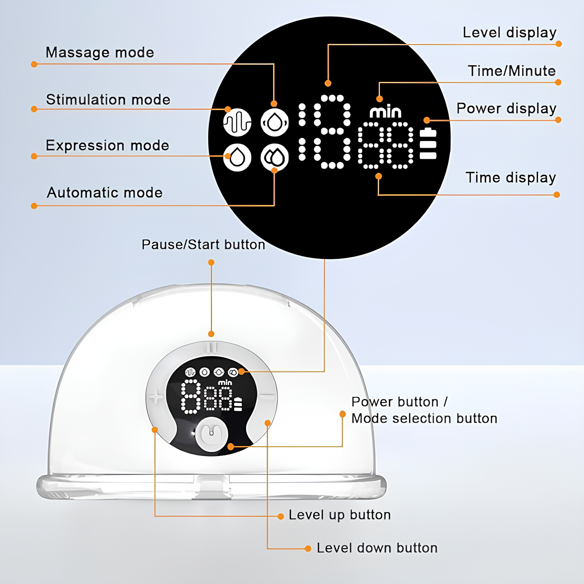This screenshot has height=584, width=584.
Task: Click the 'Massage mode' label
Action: coord(100,53)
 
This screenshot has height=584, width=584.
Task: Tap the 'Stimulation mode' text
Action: coord(108,100)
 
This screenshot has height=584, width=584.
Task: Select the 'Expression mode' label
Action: coord(107,145)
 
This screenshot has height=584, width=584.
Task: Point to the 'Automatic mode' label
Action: coord(105,192)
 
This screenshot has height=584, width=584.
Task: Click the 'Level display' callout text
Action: coord(510,32)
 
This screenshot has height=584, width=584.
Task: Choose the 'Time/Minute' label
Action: coord(512,71)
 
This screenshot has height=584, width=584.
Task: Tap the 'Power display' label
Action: coord(506,108)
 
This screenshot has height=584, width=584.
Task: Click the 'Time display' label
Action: coord(511,178)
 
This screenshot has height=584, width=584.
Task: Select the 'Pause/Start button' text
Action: coord(203,245)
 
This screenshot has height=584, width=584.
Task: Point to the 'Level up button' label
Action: coord(339,515)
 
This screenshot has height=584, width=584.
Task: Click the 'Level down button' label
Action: coord(377,548)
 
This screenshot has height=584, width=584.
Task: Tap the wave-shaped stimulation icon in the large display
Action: coord(237,122)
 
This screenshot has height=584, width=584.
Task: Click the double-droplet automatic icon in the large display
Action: coord(274,157)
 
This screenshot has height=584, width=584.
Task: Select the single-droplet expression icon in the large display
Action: coord(237,157)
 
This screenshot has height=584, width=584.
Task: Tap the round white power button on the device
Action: coord(212,434)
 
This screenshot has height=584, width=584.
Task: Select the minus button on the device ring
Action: coord(268,396)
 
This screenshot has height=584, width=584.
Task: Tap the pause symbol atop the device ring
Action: coord(212,347)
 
